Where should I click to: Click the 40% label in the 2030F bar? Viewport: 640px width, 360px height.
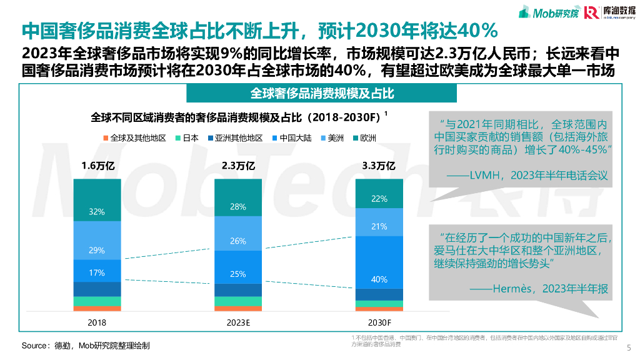(379, 279)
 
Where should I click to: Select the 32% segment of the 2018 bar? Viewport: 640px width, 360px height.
(97, 211)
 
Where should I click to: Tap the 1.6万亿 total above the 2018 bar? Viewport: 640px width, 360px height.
(97, 166)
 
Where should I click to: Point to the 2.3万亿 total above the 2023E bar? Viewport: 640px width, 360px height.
(238, 166)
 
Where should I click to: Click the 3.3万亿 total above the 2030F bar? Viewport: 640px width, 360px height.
(379, 166)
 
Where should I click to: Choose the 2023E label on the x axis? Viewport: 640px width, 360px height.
(238, 322)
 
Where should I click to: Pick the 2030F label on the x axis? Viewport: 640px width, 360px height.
(379, 322)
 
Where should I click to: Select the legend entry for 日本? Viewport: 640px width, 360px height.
(186, 137)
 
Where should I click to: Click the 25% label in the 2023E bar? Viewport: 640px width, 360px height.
(238, 274)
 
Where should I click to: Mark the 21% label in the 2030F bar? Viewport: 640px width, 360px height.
(379, 226)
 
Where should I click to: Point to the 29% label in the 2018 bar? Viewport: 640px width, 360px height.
(97, 250)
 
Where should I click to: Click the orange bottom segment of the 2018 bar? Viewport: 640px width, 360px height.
(97, 308)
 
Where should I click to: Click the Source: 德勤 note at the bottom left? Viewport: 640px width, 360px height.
(86, 345)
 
